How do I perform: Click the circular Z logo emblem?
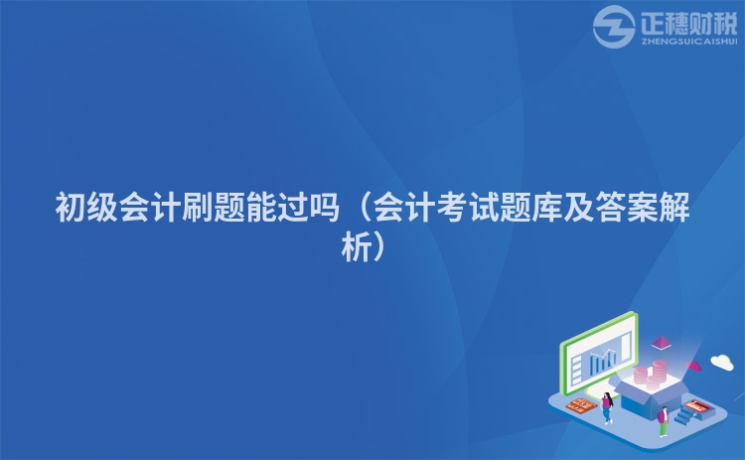(614, 27)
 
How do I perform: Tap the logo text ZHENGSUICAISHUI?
(689, 42)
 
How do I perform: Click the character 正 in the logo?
(654, 22)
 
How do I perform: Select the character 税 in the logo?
(725, 22)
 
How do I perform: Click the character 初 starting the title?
(71, 208)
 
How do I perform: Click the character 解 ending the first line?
(674, 208)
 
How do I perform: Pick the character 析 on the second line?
(357, 246)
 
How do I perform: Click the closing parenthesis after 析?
(380, 246)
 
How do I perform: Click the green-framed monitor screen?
(599, 354)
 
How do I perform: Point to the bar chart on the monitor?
(603, 361)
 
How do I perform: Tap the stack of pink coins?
(652, 376)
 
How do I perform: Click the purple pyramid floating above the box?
(661, 343)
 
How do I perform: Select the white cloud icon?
(722, 362)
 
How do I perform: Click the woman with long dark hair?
(607, 407)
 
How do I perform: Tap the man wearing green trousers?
(663, 421)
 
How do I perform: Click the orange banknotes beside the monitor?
(581, 405)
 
